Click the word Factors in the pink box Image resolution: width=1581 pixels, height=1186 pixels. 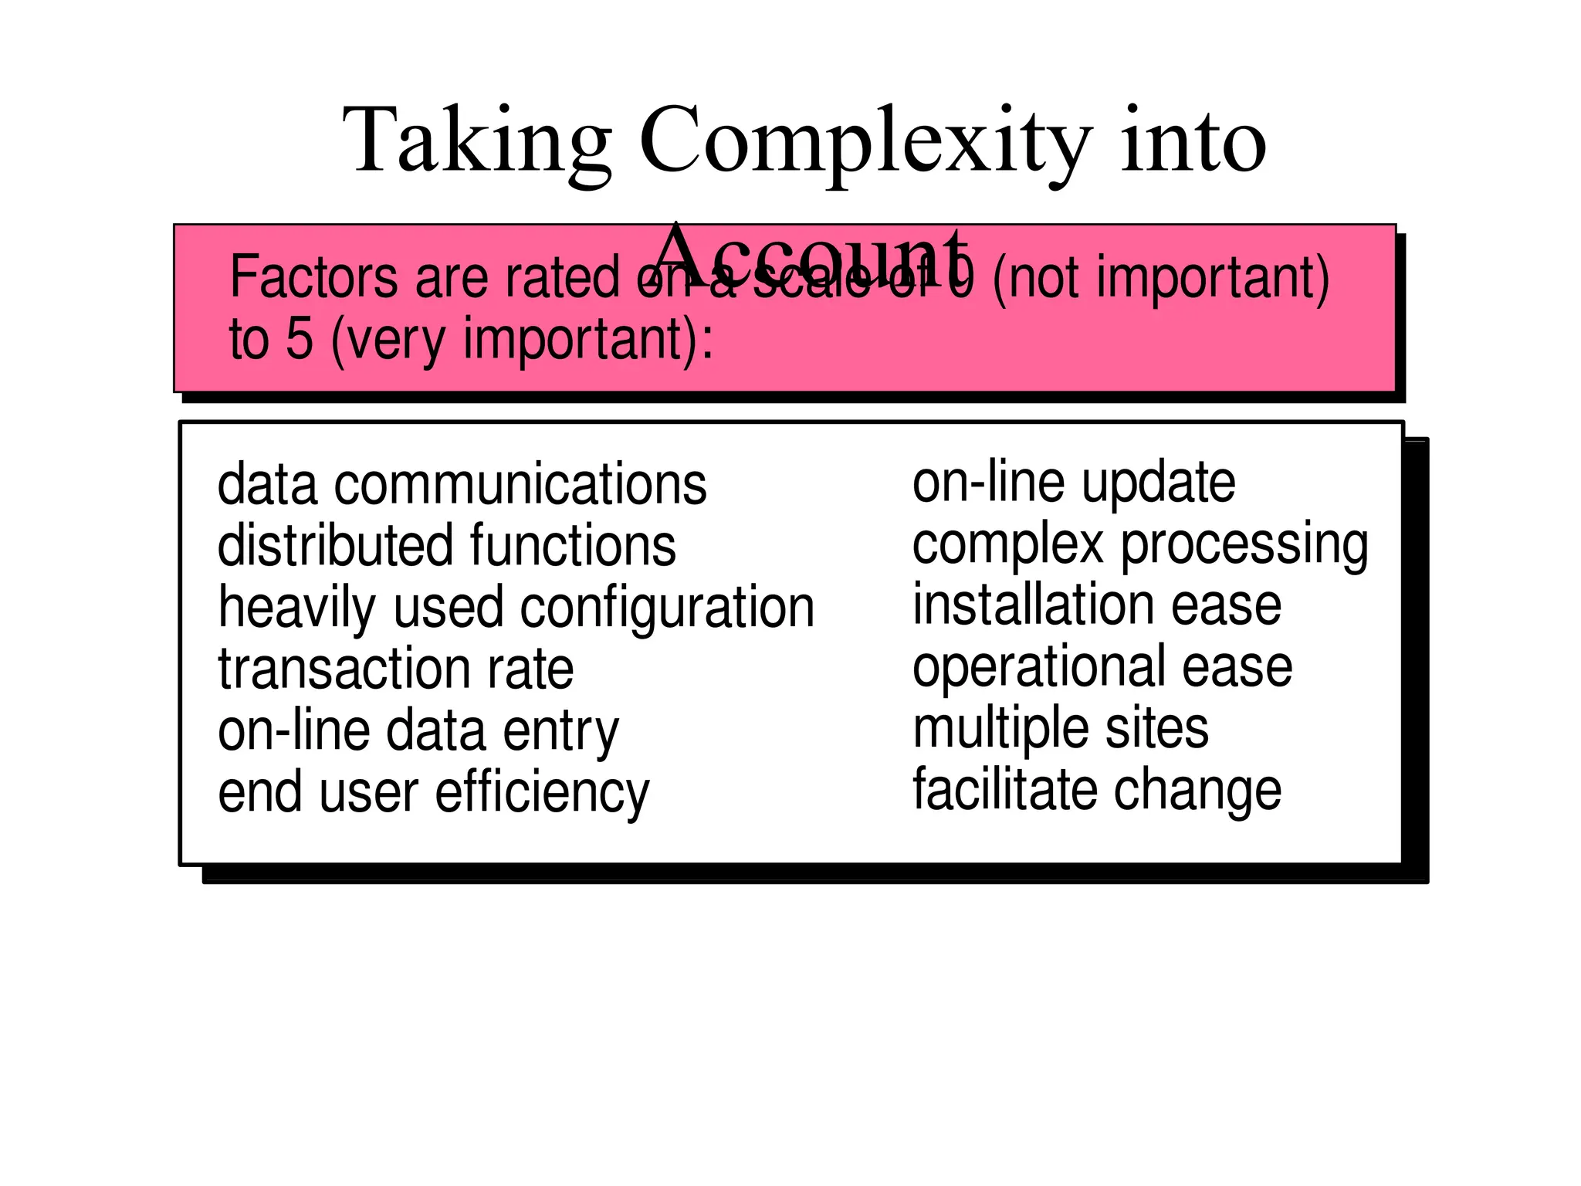tap(314, 278)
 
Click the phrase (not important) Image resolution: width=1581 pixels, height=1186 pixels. tap(1160, 278)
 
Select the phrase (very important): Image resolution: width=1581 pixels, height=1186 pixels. tap(522, 340)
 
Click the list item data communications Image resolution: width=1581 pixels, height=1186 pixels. tap(462, 485)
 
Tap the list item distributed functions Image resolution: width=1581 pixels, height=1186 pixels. tap(446, 546)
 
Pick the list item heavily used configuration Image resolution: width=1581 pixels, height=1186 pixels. tap(516, 608)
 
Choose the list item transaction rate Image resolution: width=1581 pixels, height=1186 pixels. tap(395, 669)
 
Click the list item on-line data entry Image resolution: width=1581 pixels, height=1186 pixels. tap(418, 730)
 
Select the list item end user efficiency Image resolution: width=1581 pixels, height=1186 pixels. tap(433, 793)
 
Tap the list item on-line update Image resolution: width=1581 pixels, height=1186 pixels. tap(1073, 483)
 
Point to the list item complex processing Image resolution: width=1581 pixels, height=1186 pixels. tap(1139, 544)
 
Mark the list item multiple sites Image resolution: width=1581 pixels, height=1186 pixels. tap(1060, 728)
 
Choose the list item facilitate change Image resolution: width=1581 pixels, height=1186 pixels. tap(1096, 789)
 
